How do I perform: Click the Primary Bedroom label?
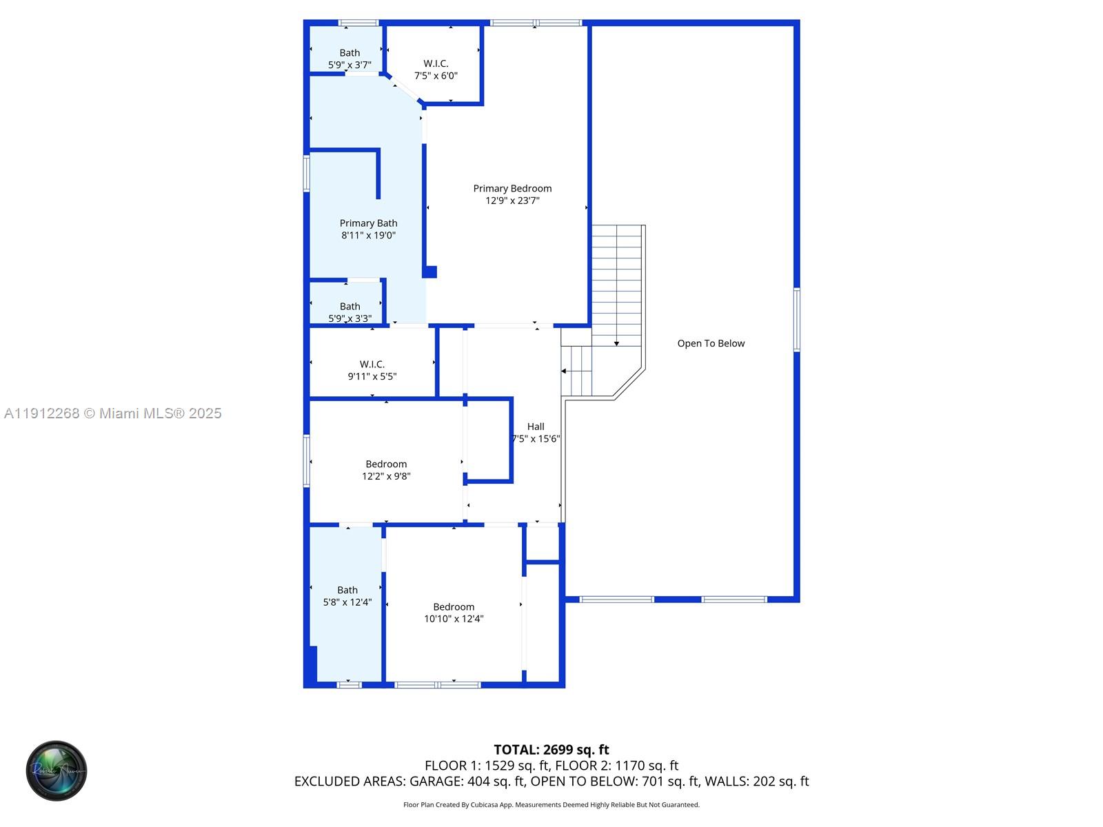tap(512, 188)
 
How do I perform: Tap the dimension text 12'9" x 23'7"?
tap(512, 201)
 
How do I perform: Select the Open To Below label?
tap(711, 343)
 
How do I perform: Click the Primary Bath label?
tap(368, 223)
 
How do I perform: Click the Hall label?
tap(536, 427)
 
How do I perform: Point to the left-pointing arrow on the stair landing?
tap(564, 371)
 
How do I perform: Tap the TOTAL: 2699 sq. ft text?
tap(551, 749)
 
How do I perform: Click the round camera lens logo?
tap(57, 770)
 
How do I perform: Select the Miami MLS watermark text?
tap(112, 413)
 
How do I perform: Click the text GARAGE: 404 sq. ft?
tap(467, 782)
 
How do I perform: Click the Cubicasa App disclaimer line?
tap(551, 805)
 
